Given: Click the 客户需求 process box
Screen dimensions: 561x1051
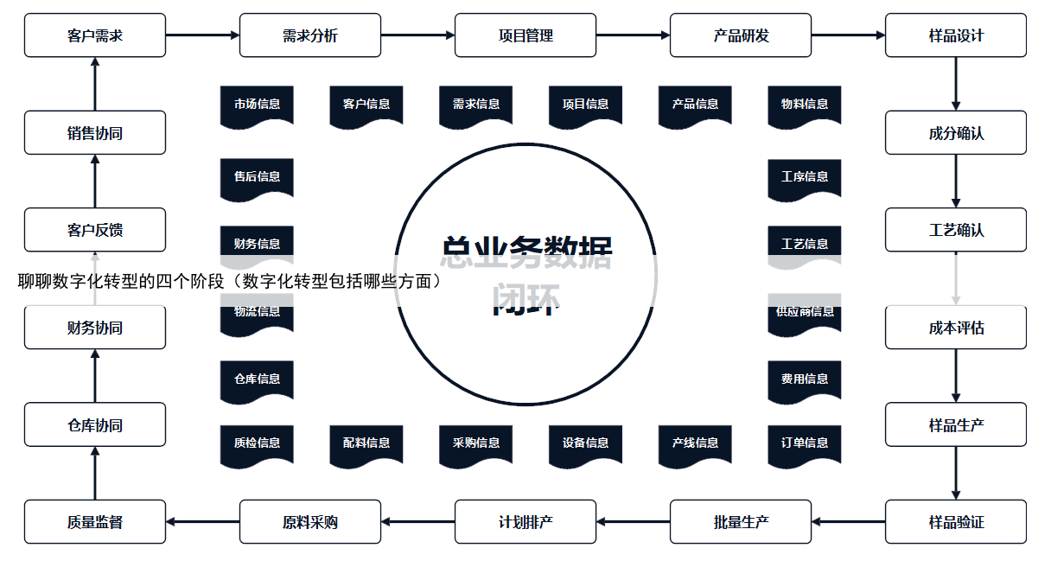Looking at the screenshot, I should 95,35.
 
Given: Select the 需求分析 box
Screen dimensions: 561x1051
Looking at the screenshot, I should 310,35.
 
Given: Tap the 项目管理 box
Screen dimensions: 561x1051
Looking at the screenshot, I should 525,35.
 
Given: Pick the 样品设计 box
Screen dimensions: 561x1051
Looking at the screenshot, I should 956,35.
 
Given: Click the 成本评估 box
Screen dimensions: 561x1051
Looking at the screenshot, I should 956,328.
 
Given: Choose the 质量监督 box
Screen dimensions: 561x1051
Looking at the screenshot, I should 95,522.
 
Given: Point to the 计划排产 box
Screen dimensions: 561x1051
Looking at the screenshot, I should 525,522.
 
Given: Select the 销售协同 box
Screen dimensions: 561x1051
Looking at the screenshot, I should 95,133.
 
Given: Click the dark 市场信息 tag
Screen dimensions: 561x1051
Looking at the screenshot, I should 257,104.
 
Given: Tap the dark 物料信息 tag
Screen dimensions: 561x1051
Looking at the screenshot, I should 805,104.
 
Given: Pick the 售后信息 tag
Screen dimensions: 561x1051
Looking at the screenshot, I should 257,176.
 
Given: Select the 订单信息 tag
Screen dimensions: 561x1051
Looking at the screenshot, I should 805,443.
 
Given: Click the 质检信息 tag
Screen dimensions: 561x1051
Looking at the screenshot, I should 257,443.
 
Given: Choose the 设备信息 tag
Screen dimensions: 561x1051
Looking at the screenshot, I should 585,443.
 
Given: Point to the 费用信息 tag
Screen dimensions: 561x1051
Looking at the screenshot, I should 805,379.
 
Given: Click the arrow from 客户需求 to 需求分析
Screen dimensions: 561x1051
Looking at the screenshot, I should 202,35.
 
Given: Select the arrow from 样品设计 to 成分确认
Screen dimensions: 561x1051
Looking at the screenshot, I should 956,84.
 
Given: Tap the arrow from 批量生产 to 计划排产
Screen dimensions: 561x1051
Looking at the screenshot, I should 633,522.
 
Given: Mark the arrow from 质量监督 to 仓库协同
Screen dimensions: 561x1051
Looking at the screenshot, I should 95,473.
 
